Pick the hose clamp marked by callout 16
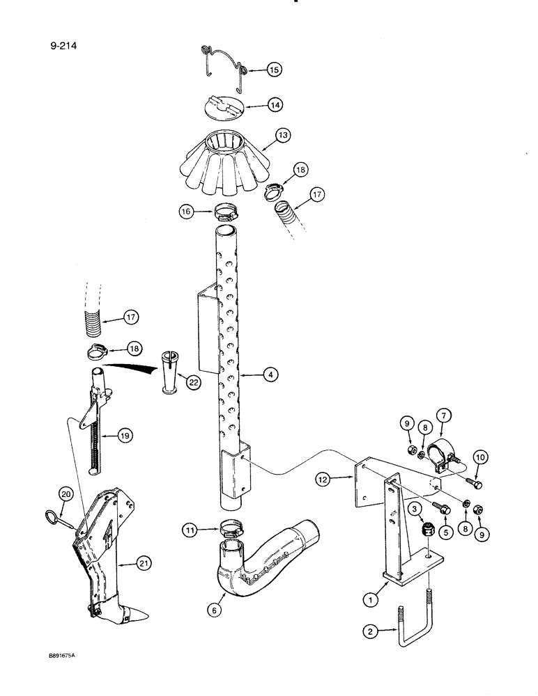coord(226,209)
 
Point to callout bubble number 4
coord(271,374)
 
